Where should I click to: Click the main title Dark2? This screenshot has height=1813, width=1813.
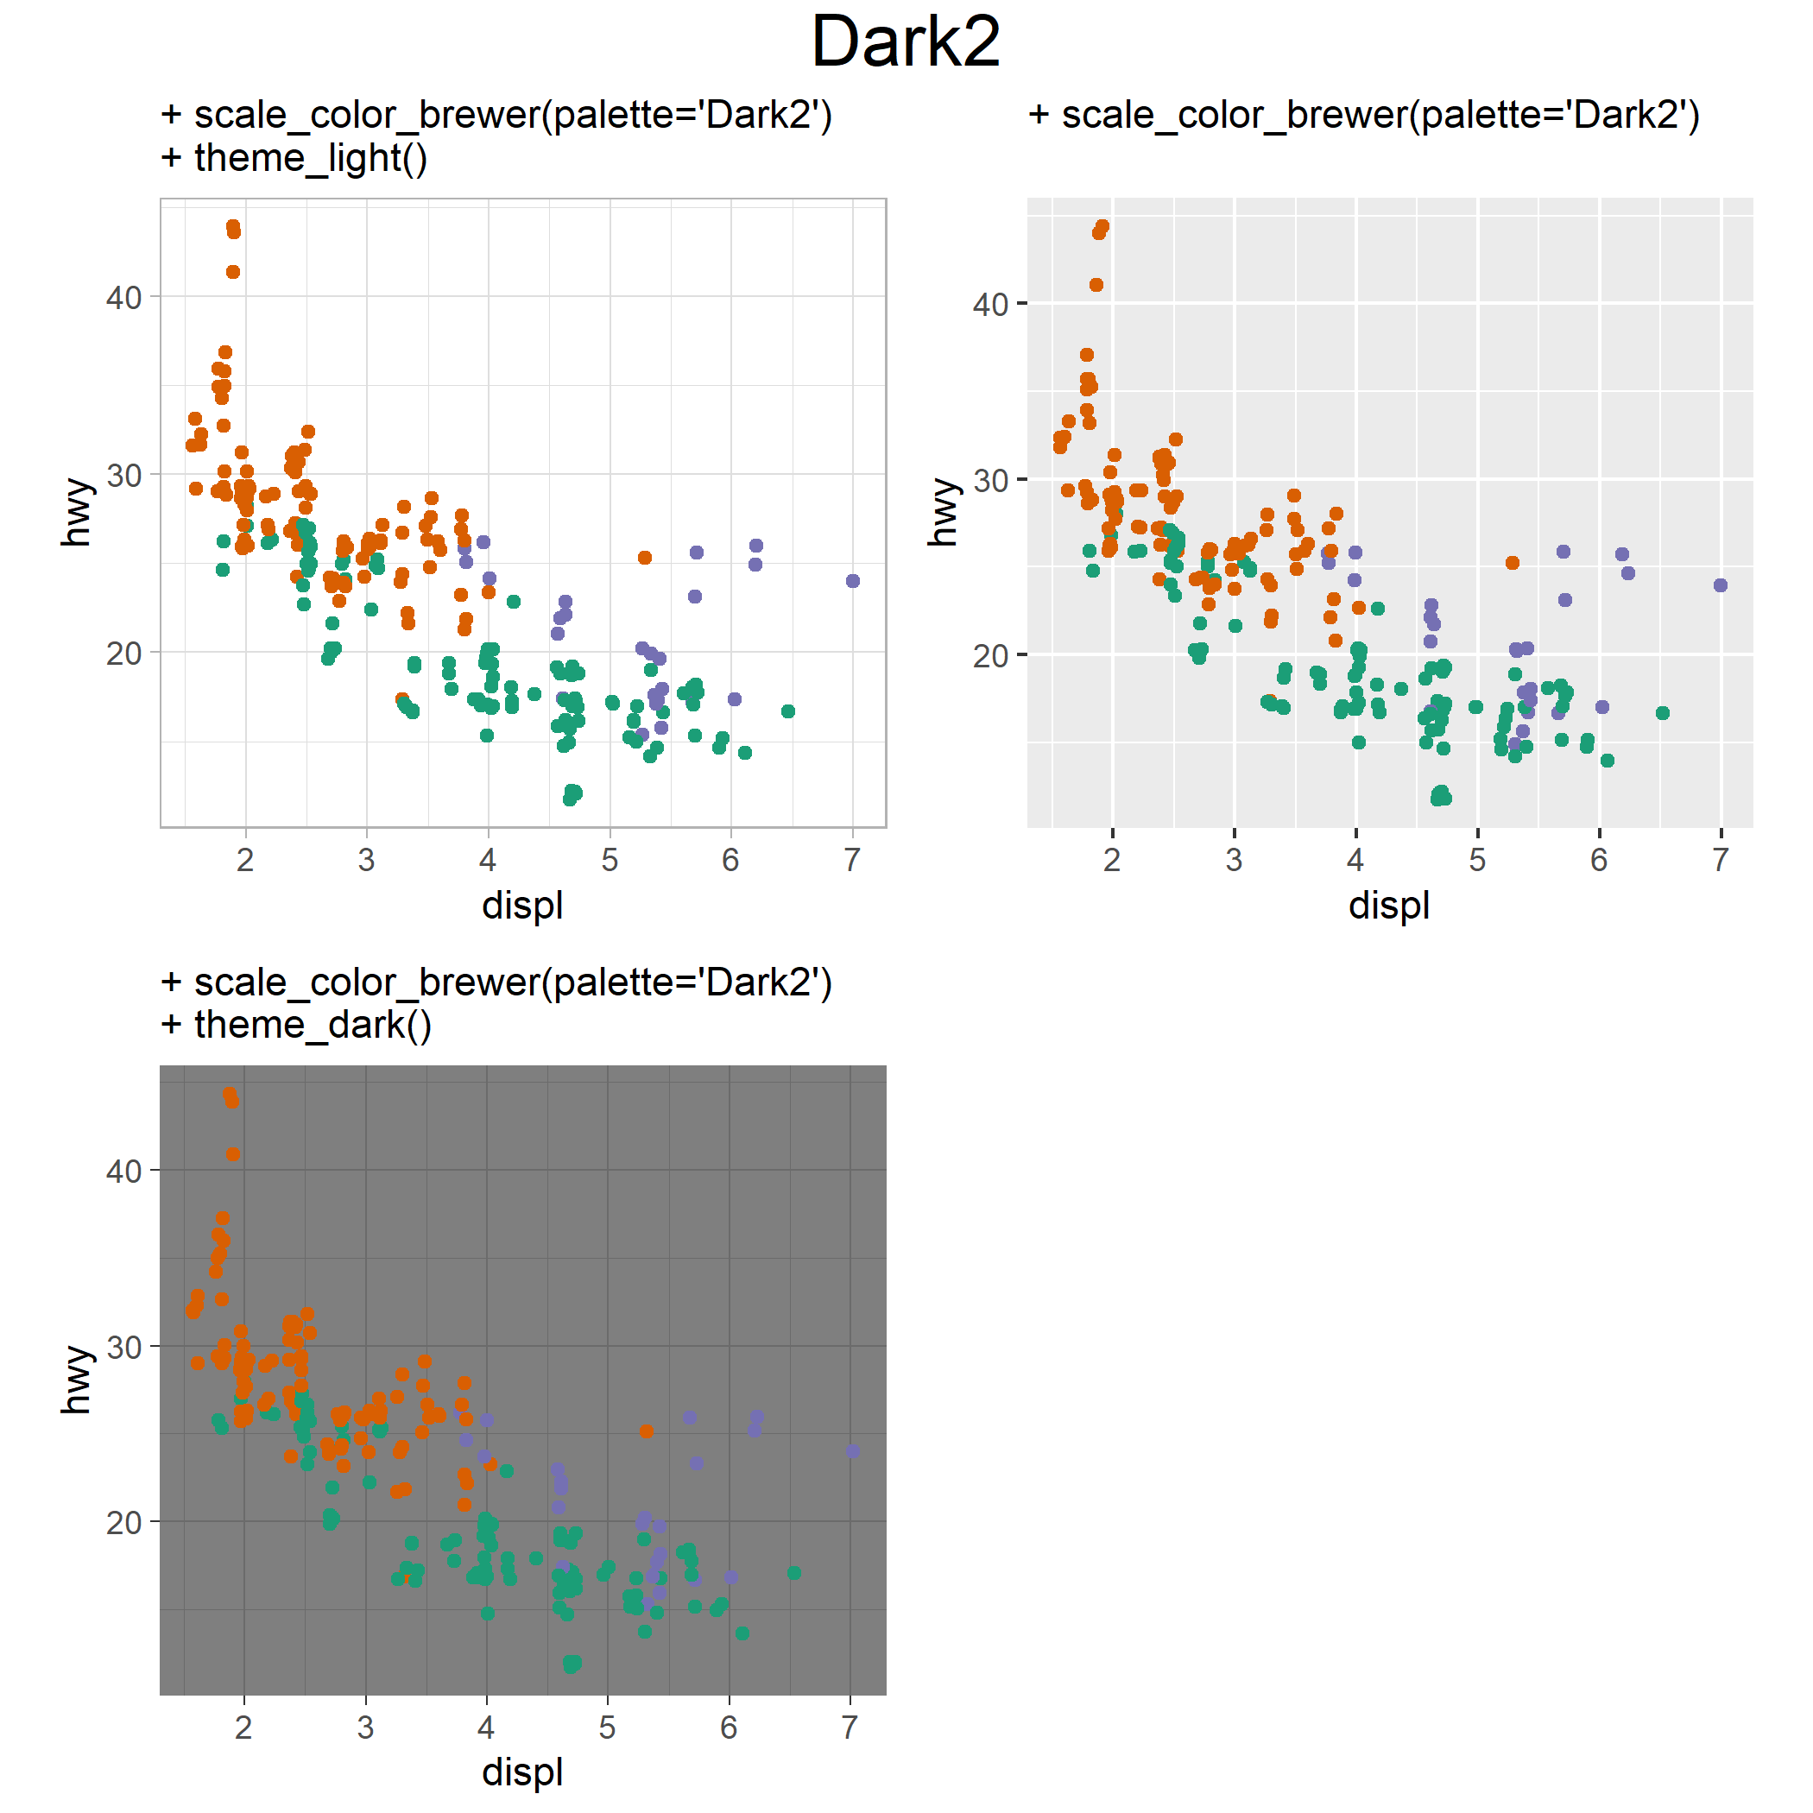[906, 42]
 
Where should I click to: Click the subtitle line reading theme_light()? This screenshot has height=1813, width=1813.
[294, 158]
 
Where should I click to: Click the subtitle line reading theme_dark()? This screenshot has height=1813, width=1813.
[296, 1025]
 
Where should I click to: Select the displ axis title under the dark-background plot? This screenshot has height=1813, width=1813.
[522, 1772]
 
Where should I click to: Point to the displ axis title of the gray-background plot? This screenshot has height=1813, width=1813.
[1389, 905]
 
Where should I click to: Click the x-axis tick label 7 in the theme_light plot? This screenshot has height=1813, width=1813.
[852, 860]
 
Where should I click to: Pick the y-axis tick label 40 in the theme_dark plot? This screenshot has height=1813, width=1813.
[123, 1172]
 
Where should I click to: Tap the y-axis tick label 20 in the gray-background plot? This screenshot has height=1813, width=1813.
[991, 655]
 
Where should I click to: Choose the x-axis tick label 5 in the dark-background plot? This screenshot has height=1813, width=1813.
[607, 1727]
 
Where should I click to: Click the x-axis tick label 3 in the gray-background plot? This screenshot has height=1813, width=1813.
[1234, 860]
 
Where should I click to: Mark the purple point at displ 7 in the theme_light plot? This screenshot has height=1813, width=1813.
[853, 581]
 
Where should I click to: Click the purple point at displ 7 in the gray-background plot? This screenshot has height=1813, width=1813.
[1720, 585]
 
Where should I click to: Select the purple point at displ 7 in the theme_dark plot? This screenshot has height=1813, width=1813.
[852, 1450]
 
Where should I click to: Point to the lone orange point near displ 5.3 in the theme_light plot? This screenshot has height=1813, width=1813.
[645, 558]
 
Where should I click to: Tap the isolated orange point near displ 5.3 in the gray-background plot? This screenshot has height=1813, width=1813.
[1512, 563]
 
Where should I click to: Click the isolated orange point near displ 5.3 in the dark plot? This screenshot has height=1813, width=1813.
[646, 1431]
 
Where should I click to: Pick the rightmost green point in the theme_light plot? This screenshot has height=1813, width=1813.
[788, 711]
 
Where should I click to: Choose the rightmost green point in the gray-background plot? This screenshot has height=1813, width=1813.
[1662, 713]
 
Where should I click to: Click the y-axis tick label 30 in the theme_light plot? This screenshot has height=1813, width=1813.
[123, 476]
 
